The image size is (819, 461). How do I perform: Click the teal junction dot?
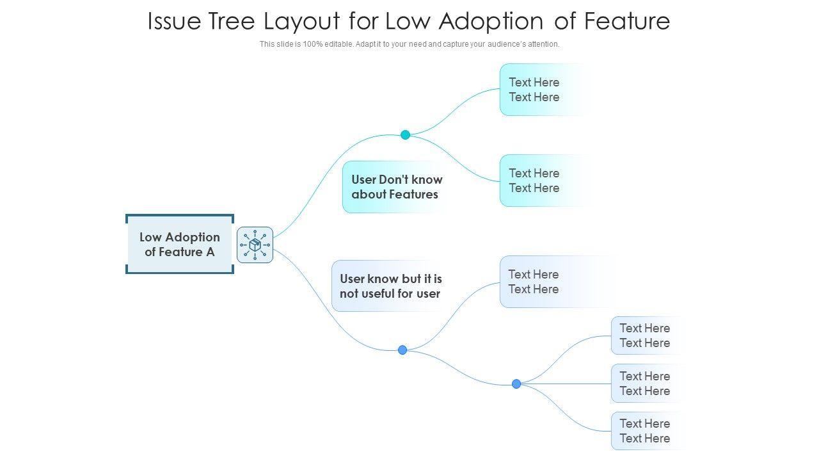coord(405,134)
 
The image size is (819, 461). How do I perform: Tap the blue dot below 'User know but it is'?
coord(402,350)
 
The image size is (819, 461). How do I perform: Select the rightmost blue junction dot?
coord(516,384)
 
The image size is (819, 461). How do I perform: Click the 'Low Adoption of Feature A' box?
coord(180,244)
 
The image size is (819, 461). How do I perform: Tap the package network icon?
coord(255,245)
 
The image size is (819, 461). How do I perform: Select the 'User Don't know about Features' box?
coord(395,187)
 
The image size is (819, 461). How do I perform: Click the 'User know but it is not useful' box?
coord(388,286)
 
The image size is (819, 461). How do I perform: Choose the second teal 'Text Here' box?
coord(545,181)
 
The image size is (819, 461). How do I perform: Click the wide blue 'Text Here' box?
coord(556,282)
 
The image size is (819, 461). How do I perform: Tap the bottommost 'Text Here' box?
coord(646,431)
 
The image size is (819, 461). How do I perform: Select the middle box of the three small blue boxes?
coord(646,384)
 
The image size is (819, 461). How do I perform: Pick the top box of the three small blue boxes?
coord(646,336)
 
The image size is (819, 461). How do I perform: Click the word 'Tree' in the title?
coord(232,21)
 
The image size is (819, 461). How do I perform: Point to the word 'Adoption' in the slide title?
coord(491,22)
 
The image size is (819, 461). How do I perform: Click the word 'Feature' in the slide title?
coord(627,21)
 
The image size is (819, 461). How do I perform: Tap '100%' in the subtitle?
coord(313,44)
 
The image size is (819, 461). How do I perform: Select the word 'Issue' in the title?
coord(174,21)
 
